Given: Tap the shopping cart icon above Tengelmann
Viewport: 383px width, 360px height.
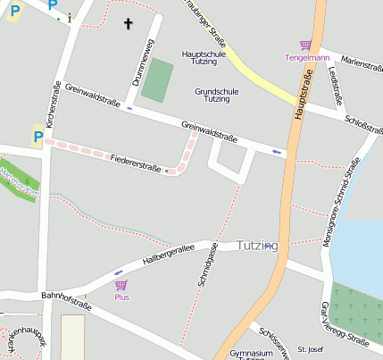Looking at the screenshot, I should pos(306,46).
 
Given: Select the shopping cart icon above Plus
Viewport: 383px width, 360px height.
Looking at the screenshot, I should pos(121,285).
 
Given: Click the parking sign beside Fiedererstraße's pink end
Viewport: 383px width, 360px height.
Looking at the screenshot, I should pos(37,137).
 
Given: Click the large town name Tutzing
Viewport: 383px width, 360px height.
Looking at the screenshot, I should pos(258,246).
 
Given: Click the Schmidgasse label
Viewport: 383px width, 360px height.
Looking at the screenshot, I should pos(205,264).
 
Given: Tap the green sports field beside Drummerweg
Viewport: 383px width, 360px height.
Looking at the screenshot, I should pos(158,80).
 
